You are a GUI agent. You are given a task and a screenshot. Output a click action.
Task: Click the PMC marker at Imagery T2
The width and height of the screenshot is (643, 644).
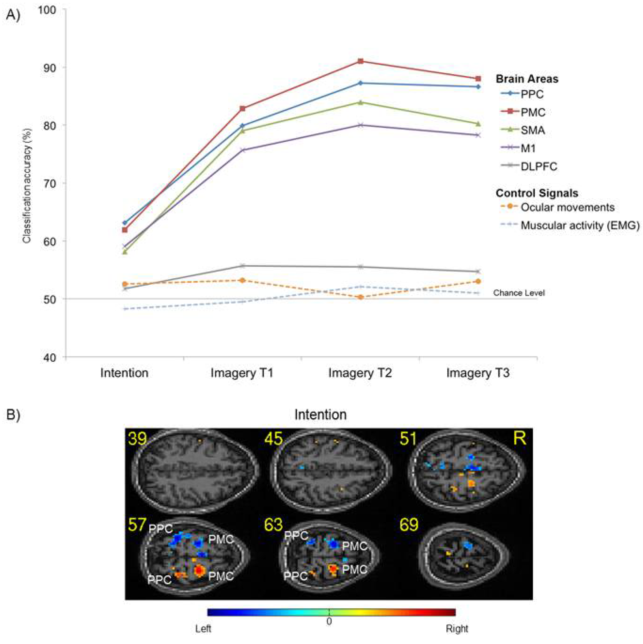pyautogui.click(x=360, y=61)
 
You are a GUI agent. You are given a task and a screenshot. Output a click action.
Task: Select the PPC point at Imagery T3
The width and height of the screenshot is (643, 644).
pyautogui.click(x=478, y=87)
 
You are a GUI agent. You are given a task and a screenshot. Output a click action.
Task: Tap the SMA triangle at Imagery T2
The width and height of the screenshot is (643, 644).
pyautogui.click(x=360, y=102)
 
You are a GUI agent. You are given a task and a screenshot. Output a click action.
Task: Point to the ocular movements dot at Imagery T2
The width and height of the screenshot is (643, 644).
pyautogui.click(x=360, y=297)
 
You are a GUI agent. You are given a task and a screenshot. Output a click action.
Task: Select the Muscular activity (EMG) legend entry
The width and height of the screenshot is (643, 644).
pyautogui.click(x=580, y=226)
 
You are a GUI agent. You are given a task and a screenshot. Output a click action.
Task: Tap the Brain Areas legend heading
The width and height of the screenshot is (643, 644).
pyautogui.click(x=527, y=79)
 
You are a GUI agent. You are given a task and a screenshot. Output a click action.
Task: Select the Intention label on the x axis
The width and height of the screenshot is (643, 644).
pyautogui.click(x=124, y=373)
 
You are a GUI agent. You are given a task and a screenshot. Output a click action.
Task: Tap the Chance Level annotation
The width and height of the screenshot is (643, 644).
pyautogui.click(x=519, y=293)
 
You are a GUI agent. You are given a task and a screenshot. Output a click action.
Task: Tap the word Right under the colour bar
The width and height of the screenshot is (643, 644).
pyautogui.click(x=457, y=629)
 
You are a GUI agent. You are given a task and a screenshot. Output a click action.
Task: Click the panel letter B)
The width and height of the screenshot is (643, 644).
pyautogui.click(x=13, y=415)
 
